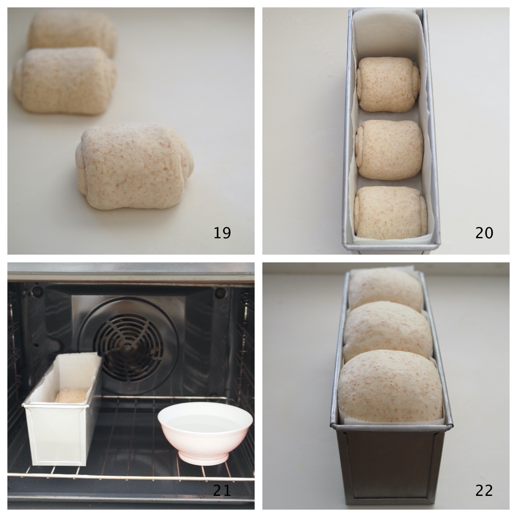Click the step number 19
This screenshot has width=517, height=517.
point(222,233)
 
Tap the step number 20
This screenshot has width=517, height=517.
point(484,233)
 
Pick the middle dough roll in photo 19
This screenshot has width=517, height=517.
point(64,81)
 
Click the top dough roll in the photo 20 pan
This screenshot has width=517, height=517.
point(388,84)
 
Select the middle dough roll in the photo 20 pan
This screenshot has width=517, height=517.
point(389,149)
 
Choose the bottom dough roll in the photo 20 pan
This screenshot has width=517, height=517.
point(390,212)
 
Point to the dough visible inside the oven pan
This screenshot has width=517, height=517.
point(72,396)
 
